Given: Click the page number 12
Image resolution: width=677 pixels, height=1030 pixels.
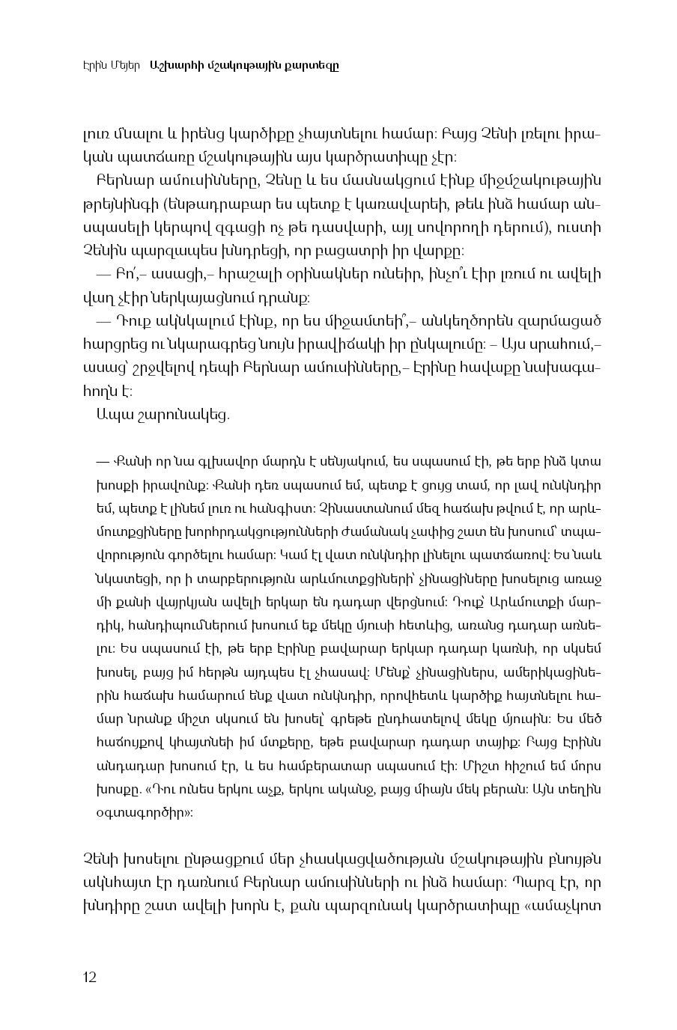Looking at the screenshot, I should [x=90, y=977].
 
